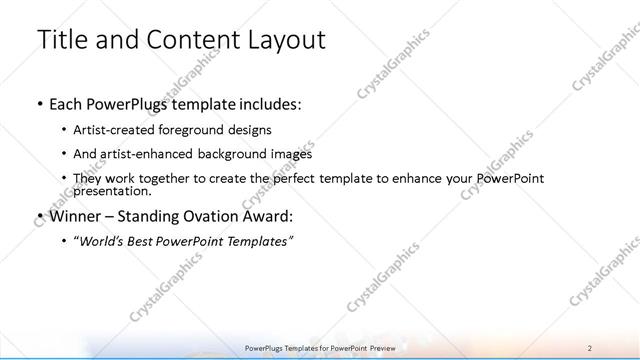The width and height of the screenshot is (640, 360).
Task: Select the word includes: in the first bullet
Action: click(x=264, y=103)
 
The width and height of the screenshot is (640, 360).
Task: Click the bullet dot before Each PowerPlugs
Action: click(x=39, y=104)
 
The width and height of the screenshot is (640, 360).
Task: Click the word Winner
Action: click(x=77, y=215)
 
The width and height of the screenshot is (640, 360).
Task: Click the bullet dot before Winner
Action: click(x=39, y=216)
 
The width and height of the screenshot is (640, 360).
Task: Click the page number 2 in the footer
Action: click(x=590, y=346)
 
